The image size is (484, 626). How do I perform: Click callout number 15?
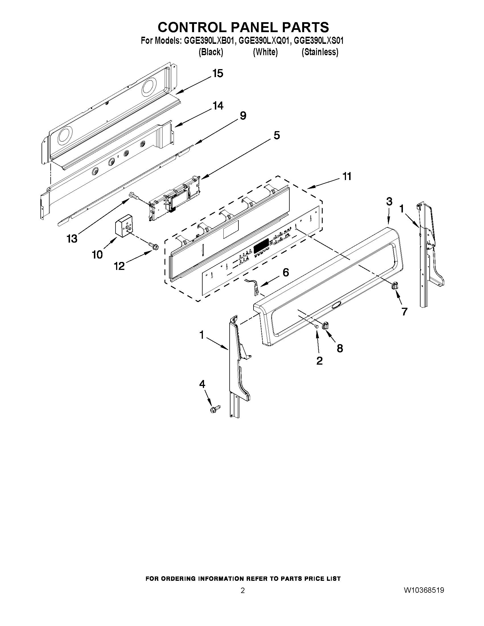(218, 74)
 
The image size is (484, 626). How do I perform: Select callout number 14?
(218, 106)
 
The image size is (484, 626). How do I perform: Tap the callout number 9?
(243, 116)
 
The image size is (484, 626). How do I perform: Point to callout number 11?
(347, 177)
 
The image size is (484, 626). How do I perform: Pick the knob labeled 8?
(326, 325)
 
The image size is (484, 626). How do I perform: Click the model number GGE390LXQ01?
(264, 41)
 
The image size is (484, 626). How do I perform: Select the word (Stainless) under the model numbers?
(320, 52)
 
